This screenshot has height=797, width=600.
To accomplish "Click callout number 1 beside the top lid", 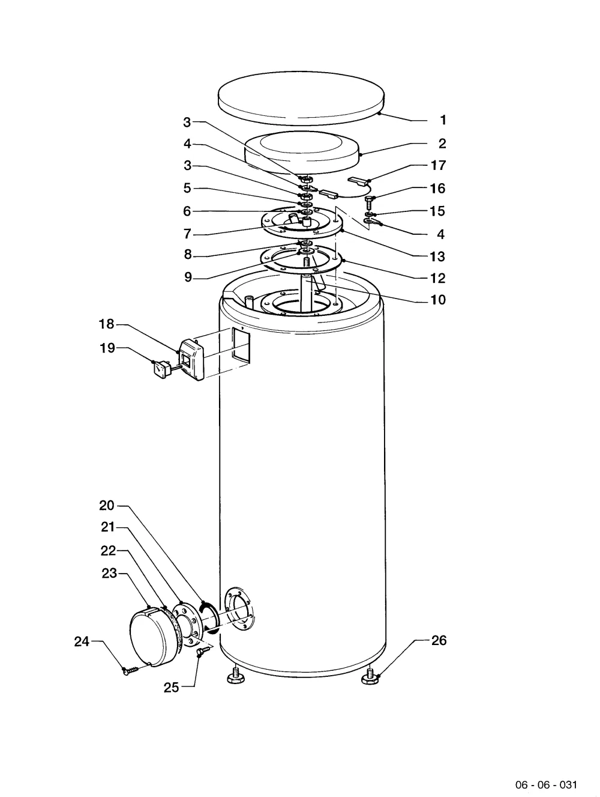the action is click(x=443, y=120).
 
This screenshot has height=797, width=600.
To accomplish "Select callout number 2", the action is click(x=442, y=144).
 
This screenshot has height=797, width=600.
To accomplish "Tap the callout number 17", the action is click(x=438, y=165).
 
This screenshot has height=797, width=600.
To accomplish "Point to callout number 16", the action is click(x=437, y=188).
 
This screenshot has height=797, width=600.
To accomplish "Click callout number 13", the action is click(x=437, y=256).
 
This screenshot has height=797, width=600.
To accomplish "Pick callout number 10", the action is click(x=438, y=300).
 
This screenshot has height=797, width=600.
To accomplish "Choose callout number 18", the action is click(x=107, y=324).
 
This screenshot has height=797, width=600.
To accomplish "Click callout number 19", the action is click(x=107, y=348).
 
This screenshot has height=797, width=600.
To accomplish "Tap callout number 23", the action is click(x=109, y=574).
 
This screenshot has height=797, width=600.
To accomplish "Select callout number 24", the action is click(x=82, y=641).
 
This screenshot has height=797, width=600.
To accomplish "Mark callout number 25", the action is click(x=171, y=687).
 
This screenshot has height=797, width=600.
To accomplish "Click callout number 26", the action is click(x=439, y=640).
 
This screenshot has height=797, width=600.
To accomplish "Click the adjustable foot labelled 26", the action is click(x=370, y=676).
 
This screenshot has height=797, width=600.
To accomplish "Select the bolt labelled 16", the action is click(x=369, y=202).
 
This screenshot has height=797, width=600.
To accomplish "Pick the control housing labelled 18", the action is click(x=192, y=360).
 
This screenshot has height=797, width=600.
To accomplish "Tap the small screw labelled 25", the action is click(x=203, y=650).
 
